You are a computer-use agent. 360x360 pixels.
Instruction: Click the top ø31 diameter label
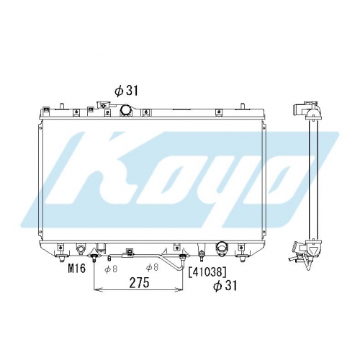(x=126, y=91)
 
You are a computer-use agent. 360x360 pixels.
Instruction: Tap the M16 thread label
(x=77, y=269)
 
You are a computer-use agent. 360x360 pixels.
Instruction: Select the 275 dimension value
(x=139, y=282)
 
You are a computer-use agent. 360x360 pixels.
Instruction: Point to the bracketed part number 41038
(x=207, y=272)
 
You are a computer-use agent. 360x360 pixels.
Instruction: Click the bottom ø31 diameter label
(x=225, y=286)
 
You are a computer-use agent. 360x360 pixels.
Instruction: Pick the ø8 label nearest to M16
(x=111, y=269)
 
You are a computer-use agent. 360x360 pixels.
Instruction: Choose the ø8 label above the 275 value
(x=152, y=267)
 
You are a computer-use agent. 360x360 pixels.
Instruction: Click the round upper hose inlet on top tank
(x=126, y=110)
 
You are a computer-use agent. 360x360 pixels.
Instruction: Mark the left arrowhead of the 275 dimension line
(x=96, y=289)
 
